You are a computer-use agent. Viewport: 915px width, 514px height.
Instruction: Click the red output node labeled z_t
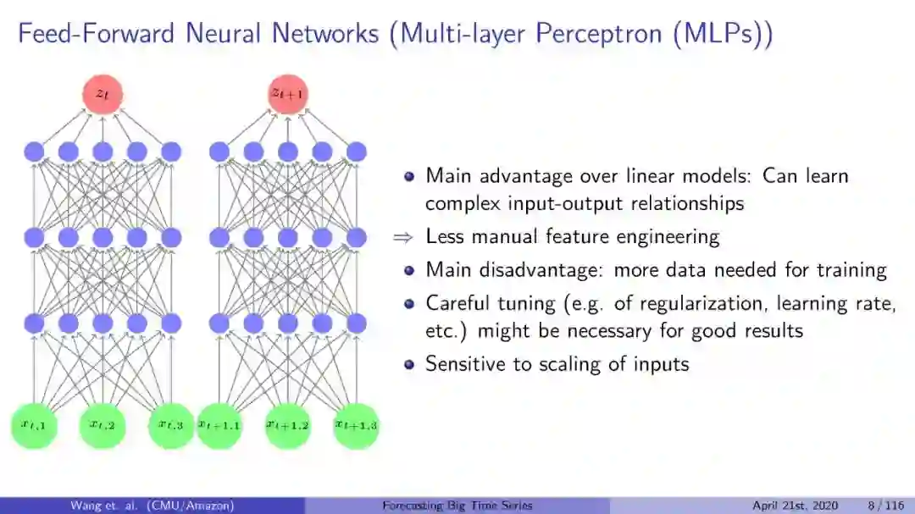(103, 95)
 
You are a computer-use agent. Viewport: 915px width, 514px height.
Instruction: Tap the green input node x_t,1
(34, 426)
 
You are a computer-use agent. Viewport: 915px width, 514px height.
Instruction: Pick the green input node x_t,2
(103, 426)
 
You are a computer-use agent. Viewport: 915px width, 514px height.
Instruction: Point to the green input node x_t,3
(171, 426)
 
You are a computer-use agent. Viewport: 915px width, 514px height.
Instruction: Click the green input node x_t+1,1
(219, 426)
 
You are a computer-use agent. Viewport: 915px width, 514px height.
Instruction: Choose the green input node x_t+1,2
(288, 426)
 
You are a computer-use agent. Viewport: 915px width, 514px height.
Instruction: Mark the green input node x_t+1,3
(356, 426)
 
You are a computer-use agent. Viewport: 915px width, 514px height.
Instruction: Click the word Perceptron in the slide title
(602, 36)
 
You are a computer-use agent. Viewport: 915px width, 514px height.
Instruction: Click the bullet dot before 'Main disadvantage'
(409, 271)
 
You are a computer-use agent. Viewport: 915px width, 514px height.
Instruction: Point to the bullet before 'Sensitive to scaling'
(409, 365)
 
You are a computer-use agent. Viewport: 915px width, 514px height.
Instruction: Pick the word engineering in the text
(667, 237)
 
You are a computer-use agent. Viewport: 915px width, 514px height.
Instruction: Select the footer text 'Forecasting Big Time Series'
(457, 506)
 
